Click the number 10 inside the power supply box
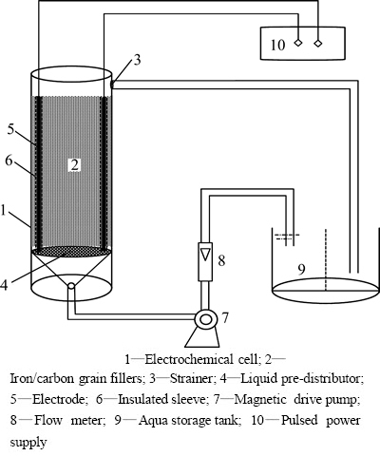(x=277, y=45)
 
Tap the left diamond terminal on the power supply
(x=298, y=43)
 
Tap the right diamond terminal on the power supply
(x=318, y=43)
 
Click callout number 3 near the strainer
(x=137, y=60)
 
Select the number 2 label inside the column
(x=75, y=165)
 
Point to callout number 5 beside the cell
(x=11, y=129)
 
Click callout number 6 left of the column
(x=9, y=161)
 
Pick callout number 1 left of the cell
(x=4, y=210)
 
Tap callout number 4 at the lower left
(x=4, y=285)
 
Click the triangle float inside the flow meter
(x=205, y=254)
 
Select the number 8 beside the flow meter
(x=221, y=261)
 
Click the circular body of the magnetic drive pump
(x=205, y=319)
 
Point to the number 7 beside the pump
(x=225, y=317)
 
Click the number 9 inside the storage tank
(x=302, y=270)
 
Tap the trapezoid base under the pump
(x=202, y=337)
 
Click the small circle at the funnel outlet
(x=71, y=286)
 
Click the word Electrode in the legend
(x=58, y=400)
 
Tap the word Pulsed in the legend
(x=299, y=421)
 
